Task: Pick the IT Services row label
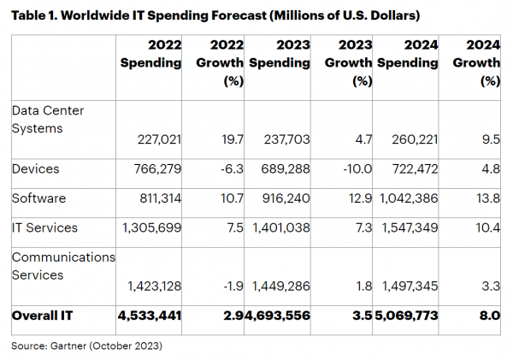(44, 227)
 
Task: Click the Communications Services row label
(62, 265)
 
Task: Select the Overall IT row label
(43, 316)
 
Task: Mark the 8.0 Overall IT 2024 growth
(488, 316)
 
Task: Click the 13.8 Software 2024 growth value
(487, 198)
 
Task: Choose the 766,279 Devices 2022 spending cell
(159, 169)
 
